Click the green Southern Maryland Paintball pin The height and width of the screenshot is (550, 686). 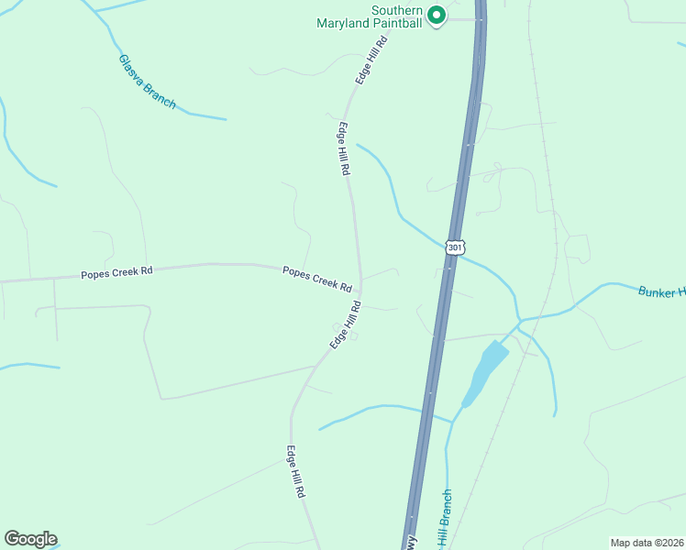click(x=437, y=16)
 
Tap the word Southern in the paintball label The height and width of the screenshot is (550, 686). click(x=396, y=10)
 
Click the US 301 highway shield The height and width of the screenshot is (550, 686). click(x=456, y=247)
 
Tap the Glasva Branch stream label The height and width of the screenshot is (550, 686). click(x=147, y=82)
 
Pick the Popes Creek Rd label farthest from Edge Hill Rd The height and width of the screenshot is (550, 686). click(x=116, y=272)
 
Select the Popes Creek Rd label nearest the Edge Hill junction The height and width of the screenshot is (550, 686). click(x=317, y=279)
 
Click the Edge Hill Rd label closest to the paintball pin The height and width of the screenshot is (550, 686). click(x=372, y=60)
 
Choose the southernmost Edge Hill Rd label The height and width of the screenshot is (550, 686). click(x=295, y=471)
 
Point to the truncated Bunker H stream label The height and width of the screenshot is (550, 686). click(x=661, y=291)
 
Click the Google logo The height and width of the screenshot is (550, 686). click(x=30, y=539)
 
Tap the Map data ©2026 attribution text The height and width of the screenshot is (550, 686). click(x=647, y=542)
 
